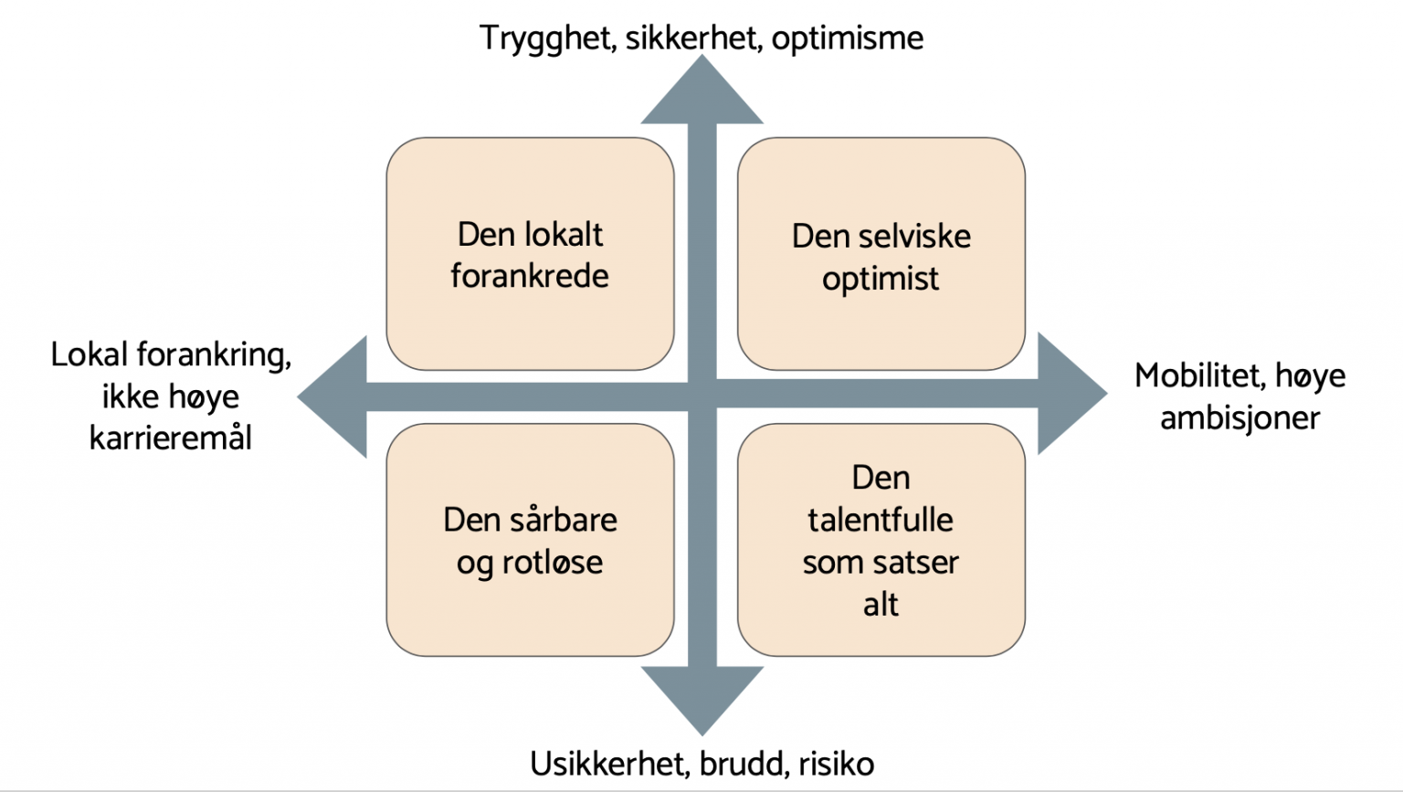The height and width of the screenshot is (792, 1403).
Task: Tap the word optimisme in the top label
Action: click(848, 39)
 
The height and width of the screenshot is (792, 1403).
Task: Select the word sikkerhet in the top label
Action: click(690, 38)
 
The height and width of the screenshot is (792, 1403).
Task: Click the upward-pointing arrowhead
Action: click(702, 90)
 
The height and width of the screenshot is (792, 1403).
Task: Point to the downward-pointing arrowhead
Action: click(702, 701)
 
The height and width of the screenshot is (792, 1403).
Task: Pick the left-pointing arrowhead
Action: click(332, 396)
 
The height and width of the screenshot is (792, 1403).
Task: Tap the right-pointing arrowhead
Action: click(1072, 394)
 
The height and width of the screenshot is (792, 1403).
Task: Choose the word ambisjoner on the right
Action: click(1240, 419)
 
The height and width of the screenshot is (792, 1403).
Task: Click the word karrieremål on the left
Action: click(171, 438)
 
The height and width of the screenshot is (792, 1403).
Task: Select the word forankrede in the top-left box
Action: click(530, 276)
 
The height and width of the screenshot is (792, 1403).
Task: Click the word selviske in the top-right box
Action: click(914, 237)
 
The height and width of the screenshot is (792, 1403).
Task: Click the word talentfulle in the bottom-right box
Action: click(881, 520)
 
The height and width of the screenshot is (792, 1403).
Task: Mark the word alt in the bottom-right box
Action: click(881, 605)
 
